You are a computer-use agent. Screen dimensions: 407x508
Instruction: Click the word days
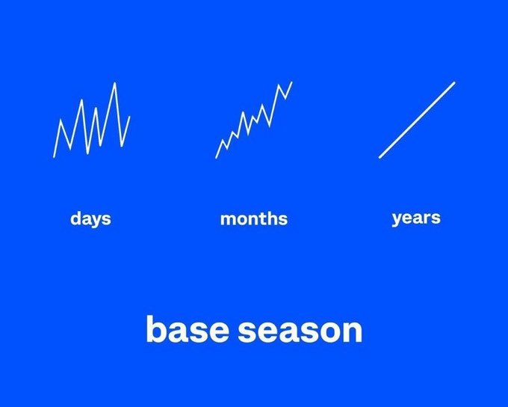click(90, 218)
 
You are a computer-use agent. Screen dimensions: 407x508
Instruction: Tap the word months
click(253, 219)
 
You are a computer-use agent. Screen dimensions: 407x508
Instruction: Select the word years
click(416, 218)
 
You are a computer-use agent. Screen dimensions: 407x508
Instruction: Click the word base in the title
click(188, 330)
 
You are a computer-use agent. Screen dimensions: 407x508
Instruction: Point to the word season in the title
click(301, 330)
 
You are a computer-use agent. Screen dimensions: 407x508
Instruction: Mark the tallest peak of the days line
click(114, 83)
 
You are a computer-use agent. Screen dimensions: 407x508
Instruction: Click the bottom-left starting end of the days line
click(54, 157)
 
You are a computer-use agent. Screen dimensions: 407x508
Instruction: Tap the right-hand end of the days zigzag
click(130, 116)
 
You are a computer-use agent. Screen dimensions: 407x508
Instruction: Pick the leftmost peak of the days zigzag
click(61, 120)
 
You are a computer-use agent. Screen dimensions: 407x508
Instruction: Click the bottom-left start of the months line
click(217, 157)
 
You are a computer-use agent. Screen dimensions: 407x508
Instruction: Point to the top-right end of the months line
click(292, 82)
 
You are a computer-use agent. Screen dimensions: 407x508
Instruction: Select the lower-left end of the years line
click(380, 157)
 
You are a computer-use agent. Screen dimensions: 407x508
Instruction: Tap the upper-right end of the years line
click(454, 82)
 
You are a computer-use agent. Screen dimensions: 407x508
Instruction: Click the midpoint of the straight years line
click(417, 120)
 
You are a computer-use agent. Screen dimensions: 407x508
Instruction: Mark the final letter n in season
click(352, 331)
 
